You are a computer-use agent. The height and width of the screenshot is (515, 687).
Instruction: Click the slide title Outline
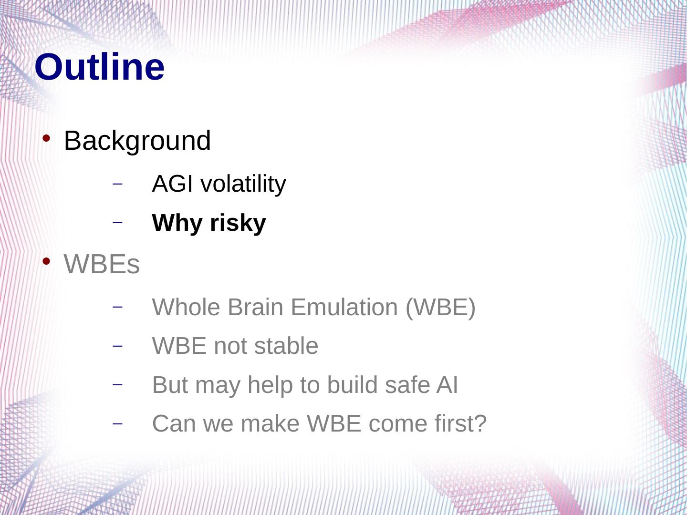click(x=100, y=67)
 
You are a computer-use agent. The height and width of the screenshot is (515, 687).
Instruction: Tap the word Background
click(x=137, y=141)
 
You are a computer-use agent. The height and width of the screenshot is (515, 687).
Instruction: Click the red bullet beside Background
click(x=46, y=138)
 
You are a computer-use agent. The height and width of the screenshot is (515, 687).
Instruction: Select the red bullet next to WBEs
click(x=46, y=261)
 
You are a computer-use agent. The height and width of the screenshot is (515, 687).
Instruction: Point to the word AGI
click(x=172, y=184)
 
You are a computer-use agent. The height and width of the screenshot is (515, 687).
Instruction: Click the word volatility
click(x=243, y=184)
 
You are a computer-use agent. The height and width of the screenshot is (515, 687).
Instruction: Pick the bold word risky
click(x=238, y=223)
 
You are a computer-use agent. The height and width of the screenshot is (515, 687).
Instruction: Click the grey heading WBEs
click(x=102, y=264)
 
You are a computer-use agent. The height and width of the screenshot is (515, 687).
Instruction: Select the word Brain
click(x=255, y=307)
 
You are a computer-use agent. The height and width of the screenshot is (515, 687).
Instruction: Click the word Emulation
click(x=344, y=307)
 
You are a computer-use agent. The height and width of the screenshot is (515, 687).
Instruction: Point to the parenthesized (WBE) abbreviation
click(x=440, y=308)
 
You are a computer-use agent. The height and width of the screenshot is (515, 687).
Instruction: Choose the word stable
click(x=286, y=346)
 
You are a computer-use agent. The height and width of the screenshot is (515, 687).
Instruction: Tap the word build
click(x=352, y=385)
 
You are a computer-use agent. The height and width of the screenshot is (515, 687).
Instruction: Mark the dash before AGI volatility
click(x=117, y=184)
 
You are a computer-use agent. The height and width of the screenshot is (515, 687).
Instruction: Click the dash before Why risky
click(x=117, y=223)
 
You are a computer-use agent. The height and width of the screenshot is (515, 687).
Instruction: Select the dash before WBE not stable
click(x=117, y=346)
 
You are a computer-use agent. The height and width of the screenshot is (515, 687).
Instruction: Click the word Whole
click(x=186, y=307)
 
